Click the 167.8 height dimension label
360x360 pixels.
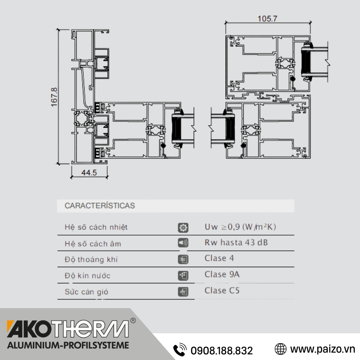click(x=54, y=97)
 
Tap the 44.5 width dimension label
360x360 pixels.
click(x=89, y=172)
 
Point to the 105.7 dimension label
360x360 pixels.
click(x=268, y=19)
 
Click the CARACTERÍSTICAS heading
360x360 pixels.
click(x=99, y=205)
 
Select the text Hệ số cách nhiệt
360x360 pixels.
click(x=96, y=227)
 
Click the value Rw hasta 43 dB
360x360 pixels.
click(x=236, y=243)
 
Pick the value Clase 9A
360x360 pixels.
click(x=222, y=274)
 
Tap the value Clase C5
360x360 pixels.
click(x=222, y=290)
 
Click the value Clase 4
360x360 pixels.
click(x=219, y=258)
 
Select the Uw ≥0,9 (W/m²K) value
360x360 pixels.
click(x=240, y=227)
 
